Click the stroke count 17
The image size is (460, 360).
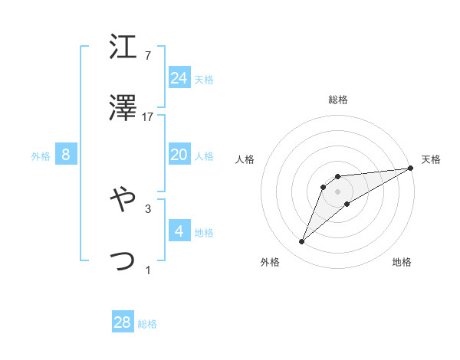pyautogui.click(x=148, y=117)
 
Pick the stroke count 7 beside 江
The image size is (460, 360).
pyautogui.click(x=148, y=56)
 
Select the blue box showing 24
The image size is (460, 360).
pyautogui.click(x=179, y=77)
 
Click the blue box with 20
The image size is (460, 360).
pyautogui.click(x=179, y=155)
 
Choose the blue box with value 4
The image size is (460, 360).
pyautogui.click(x=179, y=231)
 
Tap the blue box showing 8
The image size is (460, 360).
pyautogui.click(x=66, y=155)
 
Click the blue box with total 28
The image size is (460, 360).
pyautogui.click(x=123, y=322)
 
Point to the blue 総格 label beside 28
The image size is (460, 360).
pyautogui.click(x=147, y=324)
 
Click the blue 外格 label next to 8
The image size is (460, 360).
pyautogui.click(x=41, y=156)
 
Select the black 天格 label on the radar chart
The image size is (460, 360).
pyautogui.click(x=432, y=159)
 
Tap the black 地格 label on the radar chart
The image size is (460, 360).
pyautogui.click(x=402, y=263)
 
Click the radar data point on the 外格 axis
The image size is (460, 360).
pyautogui.click(x=302, y=242)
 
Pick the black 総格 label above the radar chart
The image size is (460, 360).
pyautogui.click(x=338, y=100)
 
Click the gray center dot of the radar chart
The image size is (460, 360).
pyautogui.click(x=338, y=190)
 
